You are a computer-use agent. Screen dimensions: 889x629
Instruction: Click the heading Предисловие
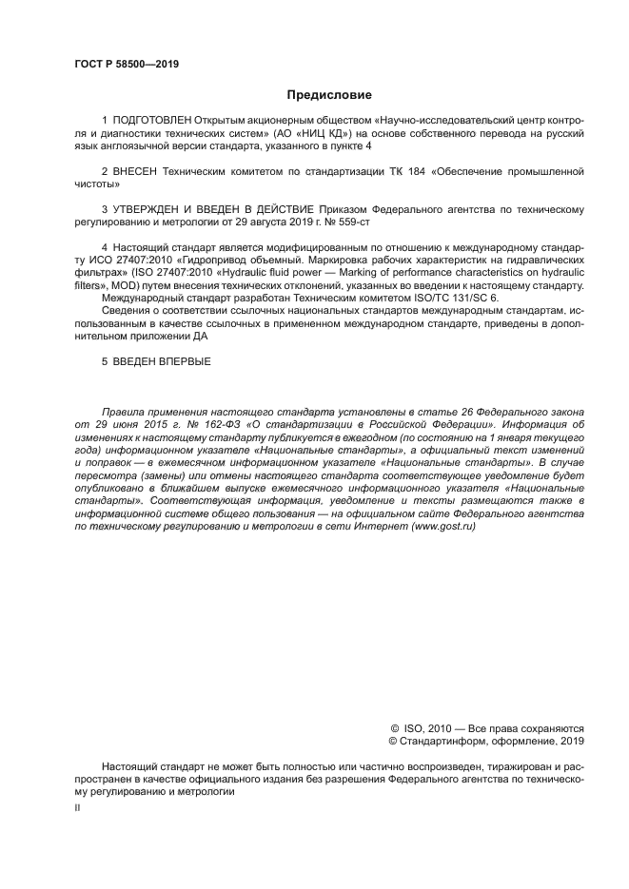pos(330,95)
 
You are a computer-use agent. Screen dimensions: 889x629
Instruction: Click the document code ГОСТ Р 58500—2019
pos(127,65)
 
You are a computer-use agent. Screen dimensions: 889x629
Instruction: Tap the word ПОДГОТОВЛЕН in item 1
pos(151,122)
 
